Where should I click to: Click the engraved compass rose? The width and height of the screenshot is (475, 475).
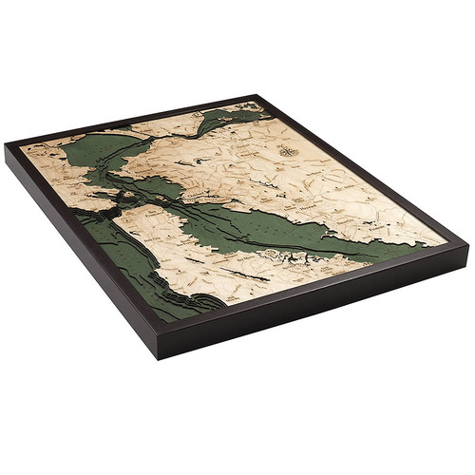click(x=286, y=150)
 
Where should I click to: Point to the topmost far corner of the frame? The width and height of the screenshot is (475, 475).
click(x=255, y=96)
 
